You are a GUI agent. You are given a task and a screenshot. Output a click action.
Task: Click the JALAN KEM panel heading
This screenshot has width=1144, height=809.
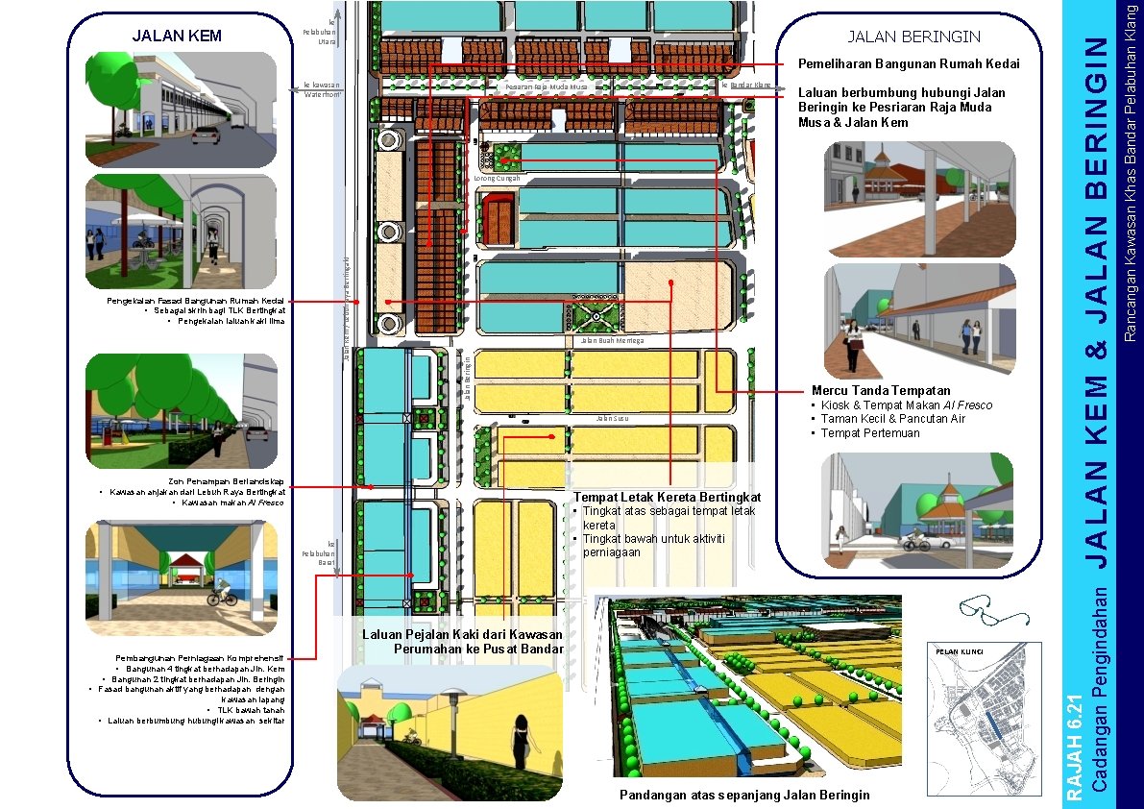(177, 37)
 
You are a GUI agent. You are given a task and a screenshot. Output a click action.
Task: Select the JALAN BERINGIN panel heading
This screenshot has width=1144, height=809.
(913, 37)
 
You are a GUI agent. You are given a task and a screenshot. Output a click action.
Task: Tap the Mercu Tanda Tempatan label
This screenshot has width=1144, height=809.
(881, 390)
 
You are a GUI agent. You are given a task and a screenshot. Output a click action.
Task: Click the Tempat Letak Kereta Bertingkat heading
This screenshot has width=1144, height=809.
(667, 497)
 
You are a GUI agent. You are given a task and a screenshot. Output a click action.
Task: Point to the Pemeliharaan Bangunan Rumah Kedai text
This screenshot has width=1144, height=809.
(908, 64)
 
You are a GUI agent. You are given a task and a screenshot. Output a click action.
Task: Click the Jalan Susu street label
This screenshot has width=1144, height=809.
(611, 419)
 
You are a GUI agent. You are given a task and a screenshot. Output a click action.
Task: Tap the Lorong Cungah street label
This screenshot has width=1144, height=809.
(498, 179)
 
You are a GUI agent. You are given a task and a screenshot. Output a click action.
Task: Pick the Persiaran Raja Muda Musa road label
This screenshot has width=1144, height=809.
(547, 87)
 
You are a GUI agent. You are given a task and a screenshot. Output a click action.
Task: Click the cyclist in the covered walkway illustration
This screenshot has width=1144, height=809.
(222, 591)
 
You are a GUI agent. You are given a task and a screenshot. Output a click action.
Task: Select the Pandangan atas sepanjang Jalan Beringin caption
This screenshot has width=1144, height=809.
(744, 795)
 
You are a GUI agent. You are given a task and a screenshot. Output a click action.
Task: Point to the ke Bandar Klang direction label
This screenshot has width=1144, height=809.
(746, 86)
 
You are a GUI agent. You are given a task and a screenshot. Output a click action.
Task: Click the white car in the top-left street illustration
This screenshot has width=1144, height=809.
(206, 135)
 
